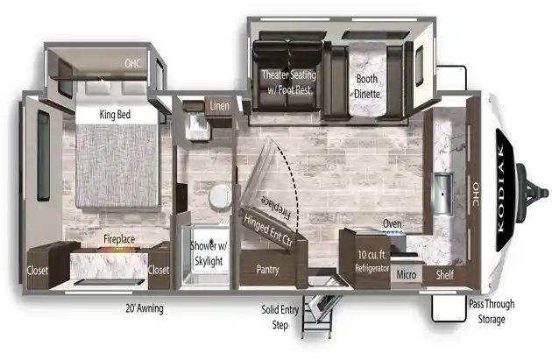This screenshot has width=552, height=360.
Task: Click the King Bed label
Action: click(x=115, y=115)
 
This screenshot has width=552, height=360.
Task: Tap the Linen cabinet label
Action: click(x=219, y=106)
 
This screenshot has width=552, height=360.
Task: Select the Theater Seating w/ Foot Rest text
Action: click(x=289, y=82)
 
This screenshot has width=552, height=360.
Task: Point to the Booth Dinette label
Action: click(x=367, y=86)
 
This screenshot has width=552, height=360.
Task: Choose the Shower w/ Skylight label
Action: click(x=209, y=253)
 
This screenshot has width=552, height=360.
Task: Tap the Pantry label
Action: click(x=267, y=270)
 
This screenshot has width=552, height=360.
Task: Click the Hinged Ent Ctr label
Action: click(x=268, y=230)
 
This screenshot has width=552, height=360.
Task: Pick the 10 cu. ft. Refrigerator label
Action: click(x=372, y=261)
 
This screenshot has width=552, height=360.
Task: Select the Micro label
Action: click(x=407, y=274)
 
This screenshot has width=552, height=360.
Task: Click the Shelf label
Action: click(x=444, y=274)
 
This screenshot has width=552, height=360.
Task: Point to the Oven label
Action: click(x=393, y=223)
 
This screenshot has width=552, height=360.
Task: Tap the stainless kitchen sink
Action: click(x=442, y=194)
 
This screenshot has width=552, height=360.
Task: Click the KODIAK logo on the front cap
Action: click(x=501, y=188)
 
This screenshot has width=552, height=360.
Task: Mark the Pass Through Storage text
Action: click(x=492, y=312)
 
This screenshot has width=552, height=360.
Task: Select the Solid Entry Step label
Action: click(x=280, y=317)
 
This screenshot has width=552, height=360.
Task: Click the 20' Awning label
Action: click(x=145, y=308)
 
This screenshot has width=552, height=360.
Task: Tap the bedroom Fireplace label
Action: click(x=119, y=239)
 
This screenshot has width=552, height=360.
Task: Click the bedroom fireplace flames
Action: click(x=117, y=249)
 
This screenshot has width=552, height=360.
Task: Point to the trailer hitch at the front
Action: click(x=532, y=193)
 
